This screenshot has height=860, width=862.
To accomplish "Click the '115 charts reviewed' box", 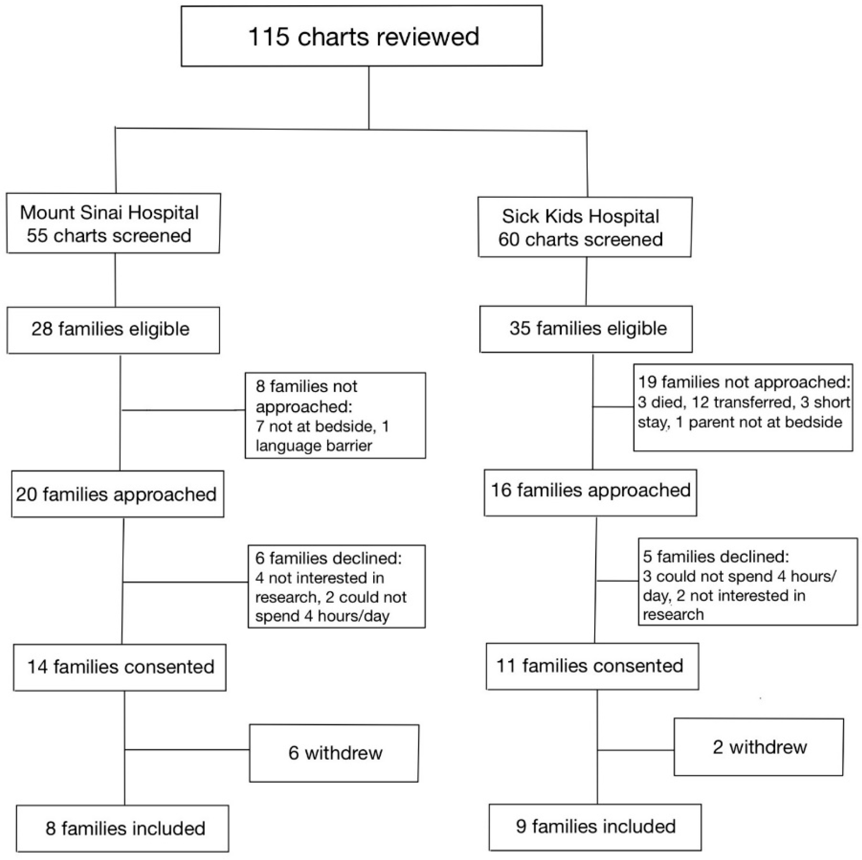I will click(362, 36).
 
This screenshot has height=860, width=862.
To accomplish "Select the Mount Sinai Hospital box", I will click(113, 223).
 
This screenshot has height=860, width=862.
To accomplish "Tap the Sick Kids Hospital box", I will click(585, 227).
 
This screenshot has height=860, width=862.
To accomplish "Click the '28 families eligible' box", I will click(113, 330).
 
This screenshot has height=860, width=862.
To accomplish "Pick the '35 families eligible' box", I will click(586, 329).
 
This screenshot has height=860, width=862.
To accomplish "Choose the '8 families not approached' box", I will click(335, 415).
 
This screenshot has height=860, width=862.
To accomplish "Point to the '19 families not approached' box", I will click(743, 407).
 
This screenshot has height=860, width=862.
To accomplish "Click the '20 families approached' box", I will click(117, 494).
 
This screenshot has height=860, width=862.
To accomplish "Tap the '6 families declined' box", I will click(336, 586).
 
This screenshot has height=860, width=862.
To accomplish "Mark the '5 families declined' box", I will click(748, 581).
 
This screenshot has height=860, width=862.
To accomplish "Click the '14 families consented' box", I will click(120, 667).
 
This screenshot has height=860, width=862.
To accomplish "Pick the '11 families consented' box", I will click(592, 666).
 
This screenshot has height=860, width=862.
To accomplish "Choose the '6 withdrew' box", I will click(334, 753).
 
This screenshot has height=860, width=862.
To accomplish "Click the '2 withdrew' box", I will click(759, 747).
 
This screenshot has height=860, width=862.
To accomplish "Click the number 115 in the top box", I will click(269, 37).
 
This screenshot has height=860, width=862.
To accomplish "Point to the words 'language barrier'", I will click(314, 446).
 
